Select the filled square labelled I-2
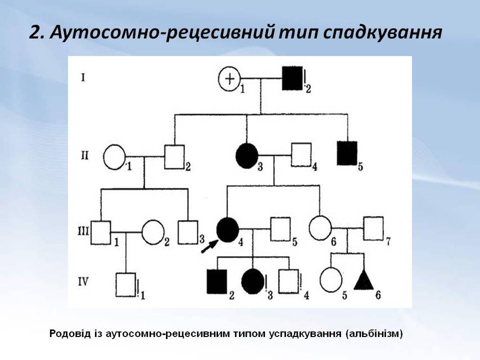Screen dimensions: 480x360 292,78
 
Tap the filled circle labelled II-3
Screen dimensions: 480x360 247,156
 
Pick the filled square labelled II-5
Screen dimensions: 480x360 347,153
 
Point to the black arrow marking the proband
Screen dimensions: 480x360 209,247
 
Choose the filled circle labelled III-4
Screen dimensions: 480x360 228,230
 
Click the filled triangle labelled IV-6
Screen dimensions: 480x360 364,280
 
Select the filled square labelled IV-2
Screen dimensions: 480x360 217,281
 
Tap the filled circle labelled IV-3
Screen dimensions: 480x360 253,281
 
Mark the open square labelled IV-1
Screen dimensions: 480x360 126,285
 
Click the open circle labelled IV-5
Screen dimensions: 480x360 331,280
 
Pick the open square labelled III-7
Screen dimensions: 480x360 373,228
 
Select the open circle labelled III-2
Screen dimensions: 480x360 153,233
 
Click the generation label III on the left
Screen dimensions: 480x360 83,230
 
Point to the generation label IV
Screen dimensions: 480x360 83,281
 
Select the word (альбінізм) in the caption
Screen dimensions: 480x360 374,333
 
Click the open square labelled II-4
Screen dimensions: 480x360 301,155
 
